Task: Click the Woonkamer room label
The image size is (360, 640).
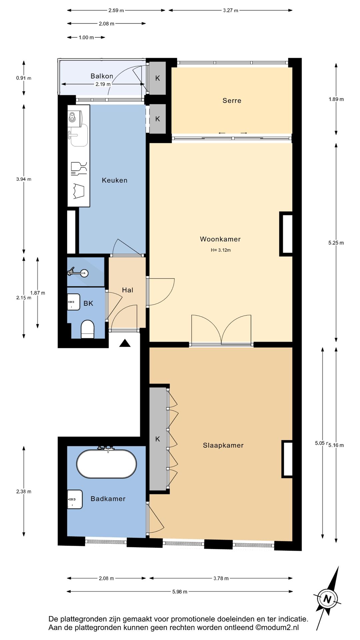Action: [220, 239]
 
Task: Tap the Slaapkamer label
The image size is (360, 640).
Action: [223, 445]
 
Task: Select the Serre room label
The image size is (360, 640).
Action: [232, 101]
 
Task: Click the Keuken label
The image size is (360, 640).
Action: [114, 180]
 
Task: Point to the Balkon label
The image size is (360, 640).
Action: [102, 76]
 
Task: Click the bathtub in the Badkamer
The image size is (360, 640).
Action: [106, 464]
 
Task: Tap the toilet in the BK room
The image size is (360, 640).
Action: [88, 329]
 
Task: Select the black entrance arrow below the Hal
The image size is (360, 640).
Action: [125, 343]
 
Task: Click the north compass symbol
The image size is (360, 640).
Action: [327, 599]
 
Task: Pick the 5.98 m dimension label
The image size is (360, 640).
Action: [180, 592]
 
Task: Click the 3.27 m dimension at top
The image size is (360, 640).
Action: [231, 10]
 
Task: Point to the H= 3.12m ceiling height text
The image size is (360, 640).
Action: [221, 250]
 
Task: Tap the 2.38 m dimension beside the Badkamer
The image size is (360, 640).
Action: [24, 491]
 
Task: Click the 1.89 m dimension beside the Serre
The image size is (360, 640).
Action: [336, 99]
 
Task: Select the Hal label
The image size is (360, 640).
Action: [127, 290]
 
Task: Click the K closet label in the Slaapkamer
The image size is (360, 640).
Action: [158, 439]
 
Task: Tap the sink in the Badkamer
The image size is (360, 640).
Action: [75, 499]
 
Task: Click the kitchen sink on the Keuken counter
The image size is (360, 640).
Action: [79, 135]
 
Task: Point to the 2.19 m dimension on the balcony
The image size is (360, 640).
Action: [103, 84]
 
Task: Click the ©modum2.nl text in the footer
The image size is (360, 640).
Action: [277, 628]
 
